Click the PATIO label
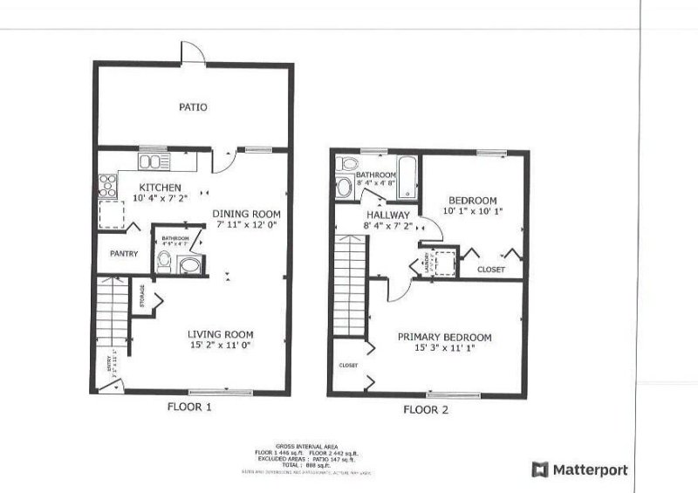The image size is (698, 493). (192, 107)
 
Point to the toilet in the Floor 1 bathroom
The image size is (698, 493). (163, 259)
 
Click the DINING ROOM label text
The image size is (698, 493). (249, 214)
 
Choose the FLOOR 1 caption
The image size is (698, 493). (188, 407)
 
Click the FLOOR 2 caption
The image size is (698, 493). (425, 408)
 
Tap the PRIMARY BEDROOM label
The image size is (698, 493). (444, 337)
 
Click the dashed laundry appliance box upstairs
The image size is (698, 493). (446, 261)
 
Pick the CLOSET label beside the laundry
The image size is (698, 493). (490, 270)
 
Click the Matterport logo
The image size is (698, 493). (579, 470)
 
